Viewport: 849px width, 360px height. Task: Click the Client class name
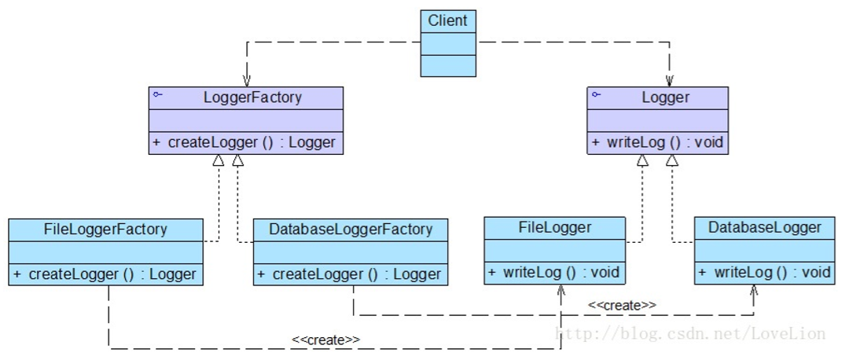[447, 21]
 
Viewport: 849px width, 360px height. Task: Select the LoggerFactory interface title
[252, 98]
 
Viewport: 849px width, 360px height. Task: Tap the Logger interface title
[665, 98]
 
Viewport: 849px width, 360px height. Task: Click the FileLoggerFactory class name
[105, 230]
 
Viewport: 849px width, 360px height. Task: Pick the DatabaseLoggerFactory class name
[351, 230]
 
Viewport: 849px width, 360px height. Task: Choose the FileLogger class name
[555, 228]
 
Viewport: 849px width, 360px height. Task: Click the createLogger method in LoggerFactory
[244, 142]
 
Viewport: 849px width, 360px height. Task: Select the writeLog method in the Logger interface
[657, 142]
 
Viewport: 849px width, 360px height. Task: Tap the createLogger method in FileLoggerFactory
[105, 274]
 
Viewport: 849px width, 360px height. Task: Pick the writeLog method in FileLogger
[555, 273]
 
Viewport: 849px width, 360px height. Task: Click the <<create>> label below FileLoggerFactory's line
[325, 340]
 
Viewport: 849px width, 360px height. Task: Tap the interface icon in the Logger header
[596, 94]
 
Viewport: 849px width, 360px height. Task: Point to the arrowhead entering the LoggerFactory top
[247, 81]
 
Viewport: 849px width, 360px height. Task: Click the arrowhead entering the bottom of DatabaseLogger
[753, 290]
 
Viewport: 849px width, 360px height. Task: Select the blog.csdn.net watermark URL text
[690, 334]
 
